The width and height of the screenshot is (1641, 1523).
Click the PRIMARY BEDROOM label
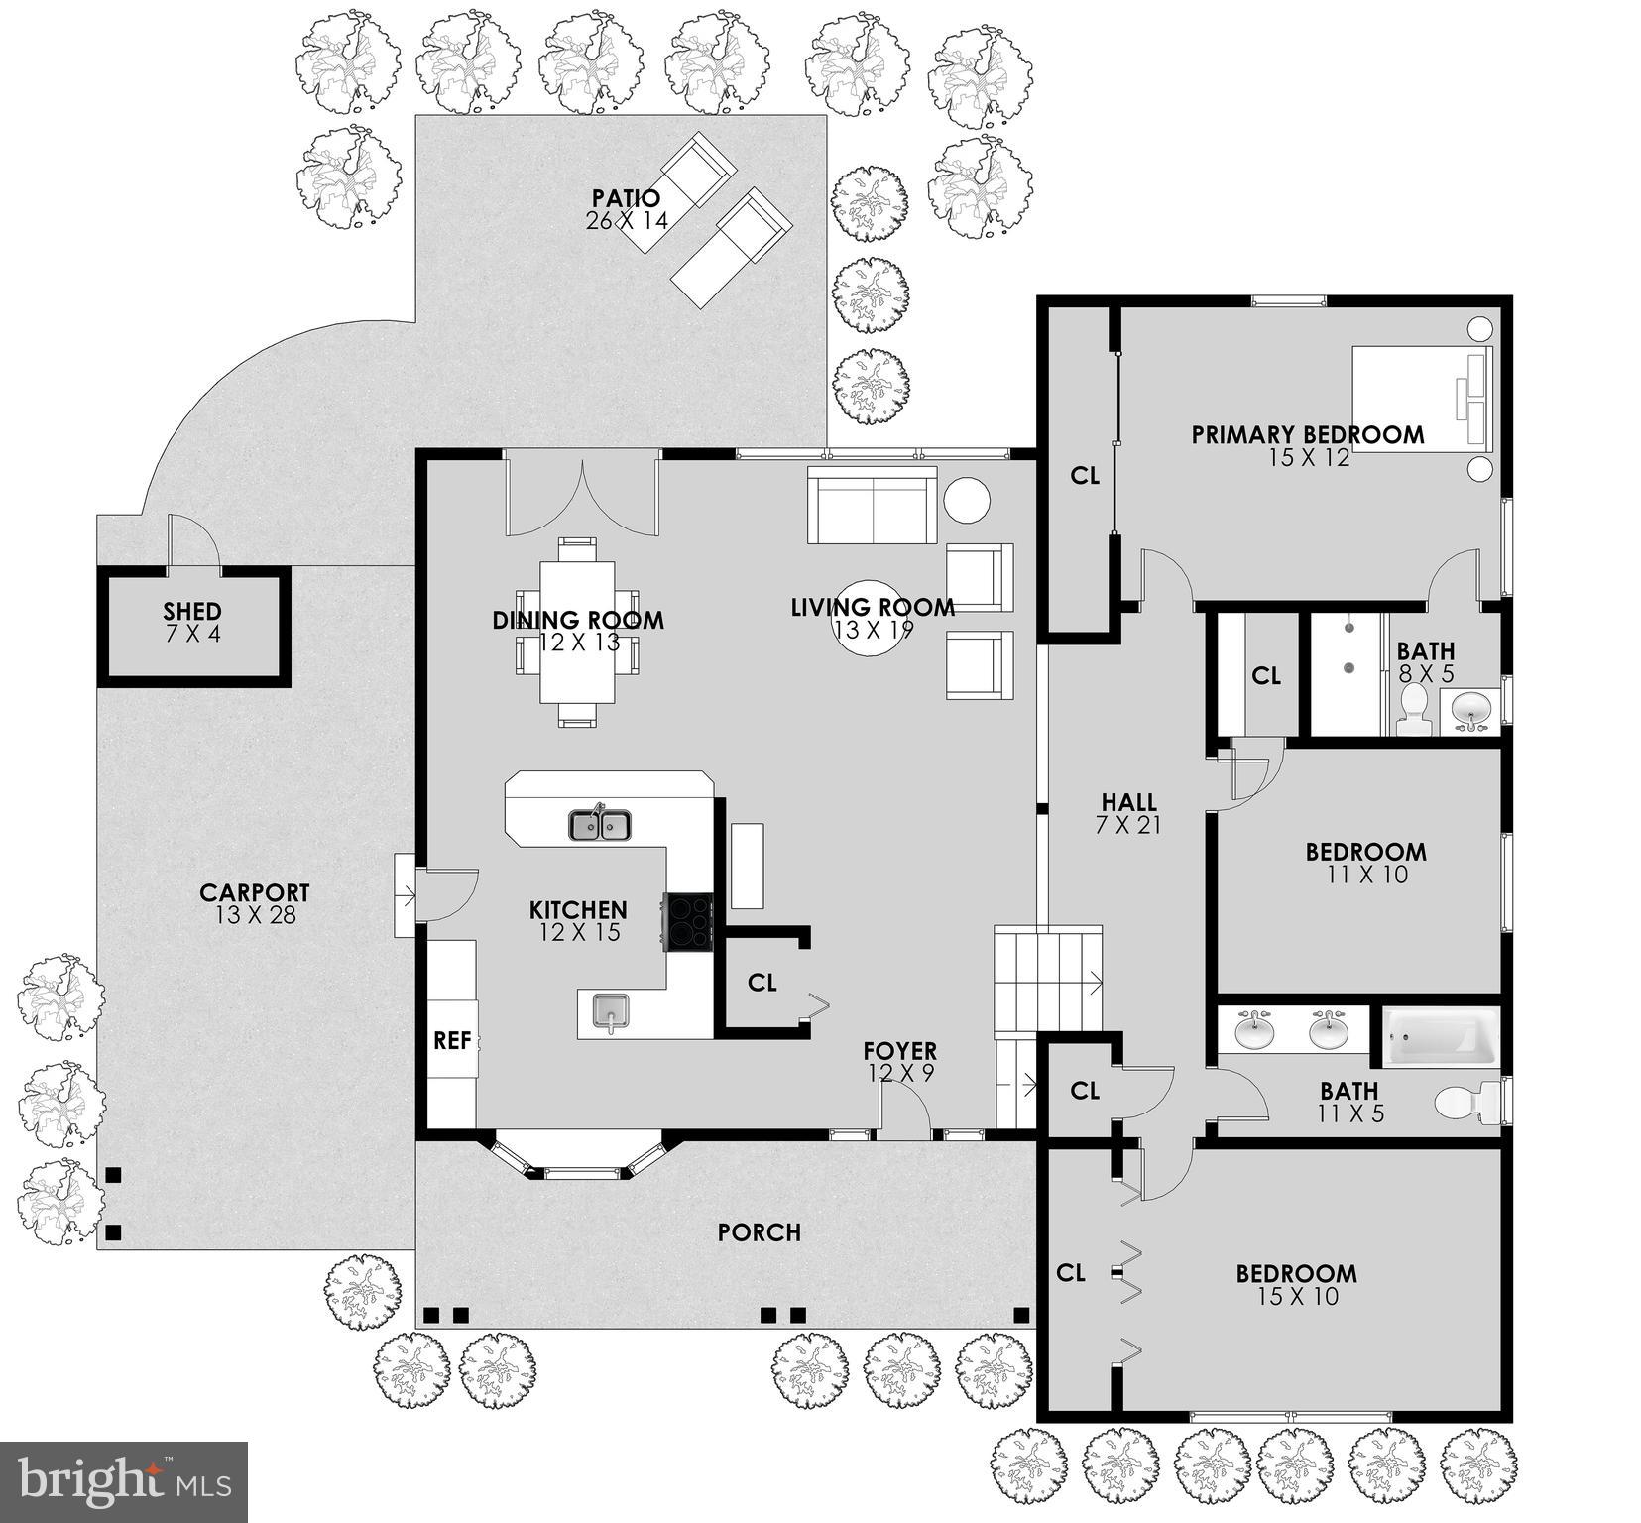click(x=1307, y=434)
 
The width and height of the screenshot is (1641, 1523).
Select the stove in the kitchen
click(x=688, y=922)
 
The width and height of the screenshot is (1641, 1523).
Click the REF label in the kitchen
click(x=452, y=1040)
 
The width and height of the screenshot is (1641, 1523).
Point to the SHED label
click(x=192, y=611)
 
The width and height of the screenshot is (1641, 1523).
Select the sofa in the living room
click(x=872, y=506)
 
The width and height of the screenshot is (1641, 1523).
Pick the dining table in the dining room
click(x=577, y=633)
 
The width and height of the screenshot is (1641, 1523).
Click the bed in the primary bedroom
click(x=1421, y=399)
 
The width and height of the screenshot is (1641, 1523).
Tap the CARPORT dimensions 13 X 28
click(x=255, y=915)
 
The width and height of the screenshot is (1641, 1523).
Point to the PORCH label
click(x=759, y=1232)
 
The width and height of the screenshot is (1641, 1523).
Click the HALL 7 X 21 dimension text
click(x=1128, y=825)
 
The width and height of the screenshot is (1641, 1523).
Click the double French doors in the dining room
click(x=582, y=494)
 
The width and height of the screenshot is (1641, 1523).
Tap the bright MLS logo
click(x=124, y=1481)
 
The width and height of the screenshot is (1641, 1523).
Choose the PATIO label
click(x=626, y=198)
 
